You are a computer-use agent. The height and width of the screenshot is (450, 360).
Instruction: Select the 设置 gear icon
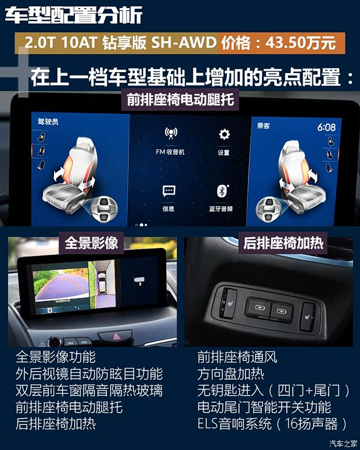tap(224, 135)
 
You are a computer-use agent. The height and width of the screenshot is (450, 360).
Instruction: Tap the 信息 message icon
tap(169, 191)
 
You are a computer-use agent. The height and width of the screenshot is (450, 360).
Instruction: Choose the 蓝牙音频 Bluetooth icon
tap(221, 191)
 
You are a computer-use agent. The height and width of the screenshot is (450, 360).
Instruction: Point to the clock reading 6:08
tap(326, 127)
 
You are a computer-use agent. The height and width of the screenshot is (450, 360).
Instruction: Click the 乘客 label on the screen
tap(265, 125)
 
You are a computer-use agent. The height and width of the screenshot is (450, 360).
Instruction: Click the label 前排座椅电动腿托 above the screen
tap(180, 99)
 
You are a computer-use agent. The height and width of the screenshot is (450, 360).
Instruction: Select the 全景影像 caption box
tap(91, 242)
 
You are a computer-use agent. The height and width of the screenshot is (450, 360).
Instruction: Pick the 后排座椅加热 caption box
tap(283, 242)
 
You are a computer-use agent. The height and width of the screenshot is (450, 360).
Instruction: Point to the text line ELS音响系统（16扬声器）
tap(272, 423)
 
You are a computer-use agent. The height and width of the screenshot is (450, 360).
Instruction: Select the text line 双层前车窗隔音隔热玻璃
tap(89, 390)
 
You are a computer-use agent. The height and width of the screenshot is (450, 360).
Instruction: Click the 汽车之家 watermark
tap(343, 444)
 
